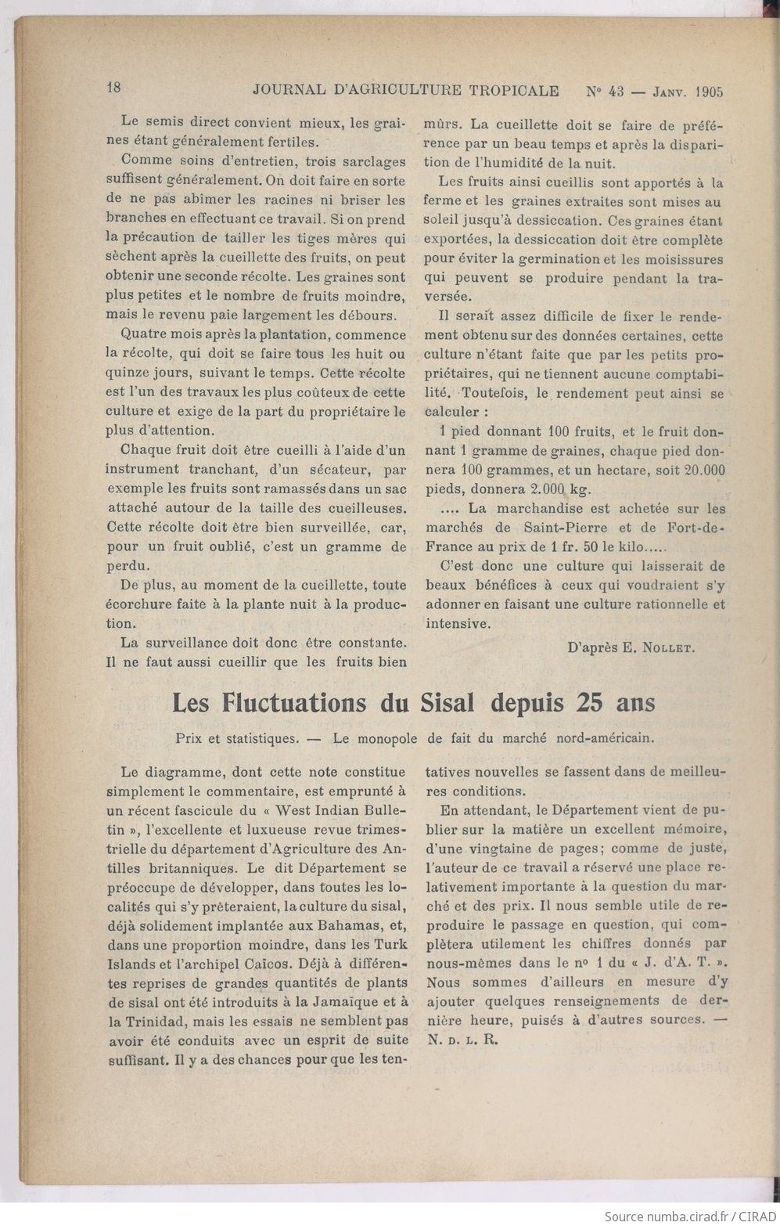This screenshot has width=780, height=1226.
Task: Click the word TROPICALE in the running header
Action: (x=512, y=91)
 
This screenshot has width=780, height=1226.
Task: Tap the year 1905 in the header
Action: (x=707, y=92)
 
